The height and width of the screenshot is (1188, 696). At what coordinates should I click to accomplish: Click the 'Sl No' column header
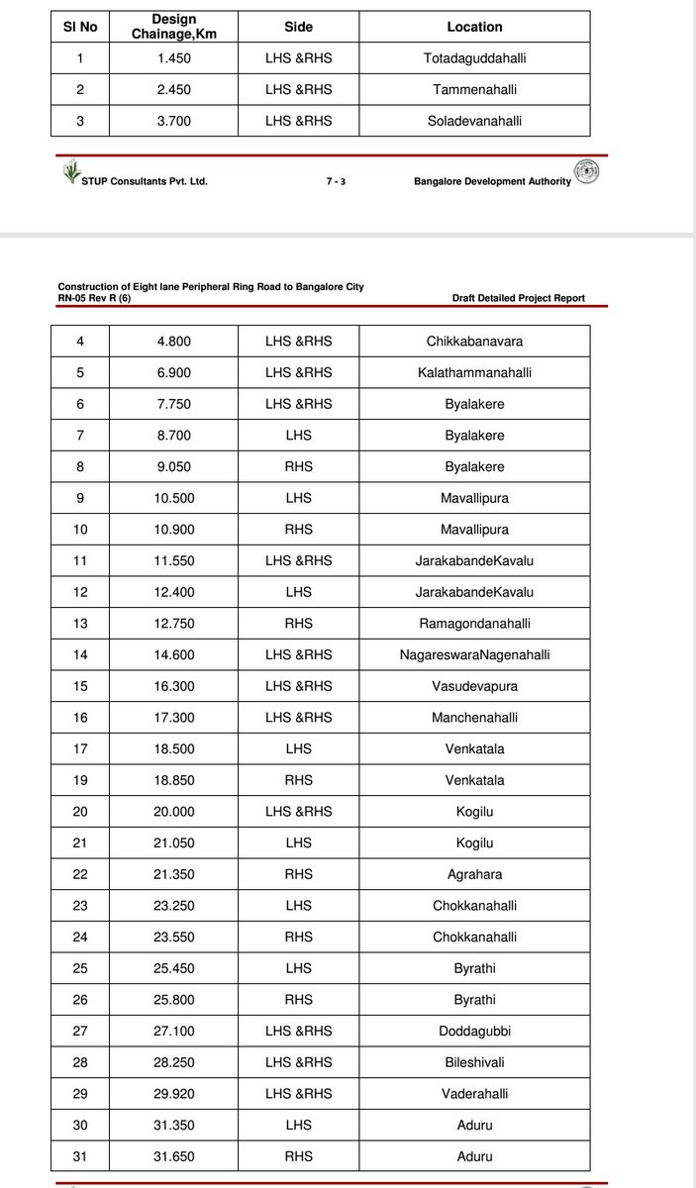(x=79, y=27)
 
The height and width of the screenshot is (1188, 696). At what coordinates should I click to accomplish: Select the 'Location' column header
(x=474, y=27)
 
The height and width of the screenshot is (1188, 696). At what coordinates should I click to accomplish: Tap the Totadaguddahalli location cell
(x=474, y=58)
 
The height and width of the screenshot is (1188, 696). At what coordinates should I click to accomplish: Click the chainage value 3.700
(x=173, y=121)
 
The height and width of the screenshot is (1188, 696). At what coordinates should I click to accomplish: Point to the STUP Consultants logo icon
(x=70, y=174)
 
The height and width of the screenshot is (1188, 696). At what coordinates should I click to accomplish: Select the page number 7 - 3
(x=336, y=182)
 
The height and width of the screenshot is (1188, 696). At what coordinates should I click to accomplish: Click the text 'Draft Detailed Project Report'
(x=518, y=298)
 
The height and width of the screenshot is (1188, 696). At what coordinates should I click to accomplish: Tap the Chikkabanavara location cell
(x=474, y=342)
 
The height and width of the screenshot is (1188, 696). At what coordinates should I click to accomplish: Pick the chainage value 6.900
(x=173, y=373)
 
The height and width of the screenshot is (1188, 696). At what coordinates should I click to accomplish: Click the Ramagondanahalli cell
(x=474, y=624)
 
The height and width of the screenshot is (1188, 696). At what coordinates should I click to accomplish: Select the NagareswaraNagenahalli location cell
(x=474, y=654)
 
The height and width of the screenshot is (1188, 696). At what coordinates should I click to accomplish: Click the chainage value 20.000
(x=173, y=812)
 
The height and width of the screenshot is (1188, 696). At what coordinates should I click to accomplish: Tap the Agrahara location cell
(x=474, y=874)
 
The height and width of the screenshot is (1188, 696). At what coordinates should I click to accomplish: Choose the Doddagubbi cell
(x=474, y=1031)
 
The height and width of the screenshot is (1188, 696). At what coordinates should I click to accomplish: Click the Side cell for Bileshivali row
(x=298, y=1062)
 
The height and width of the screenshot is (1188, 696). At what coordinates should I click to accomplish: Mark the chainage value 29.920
(x=173, y=1094)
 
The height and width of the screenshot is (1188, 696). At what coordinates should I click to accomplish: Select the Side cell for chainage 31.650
(x=298, y=1156)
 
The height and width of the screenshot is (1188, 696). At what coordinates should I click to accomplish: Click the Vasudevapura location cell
(x=474, y=686)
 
